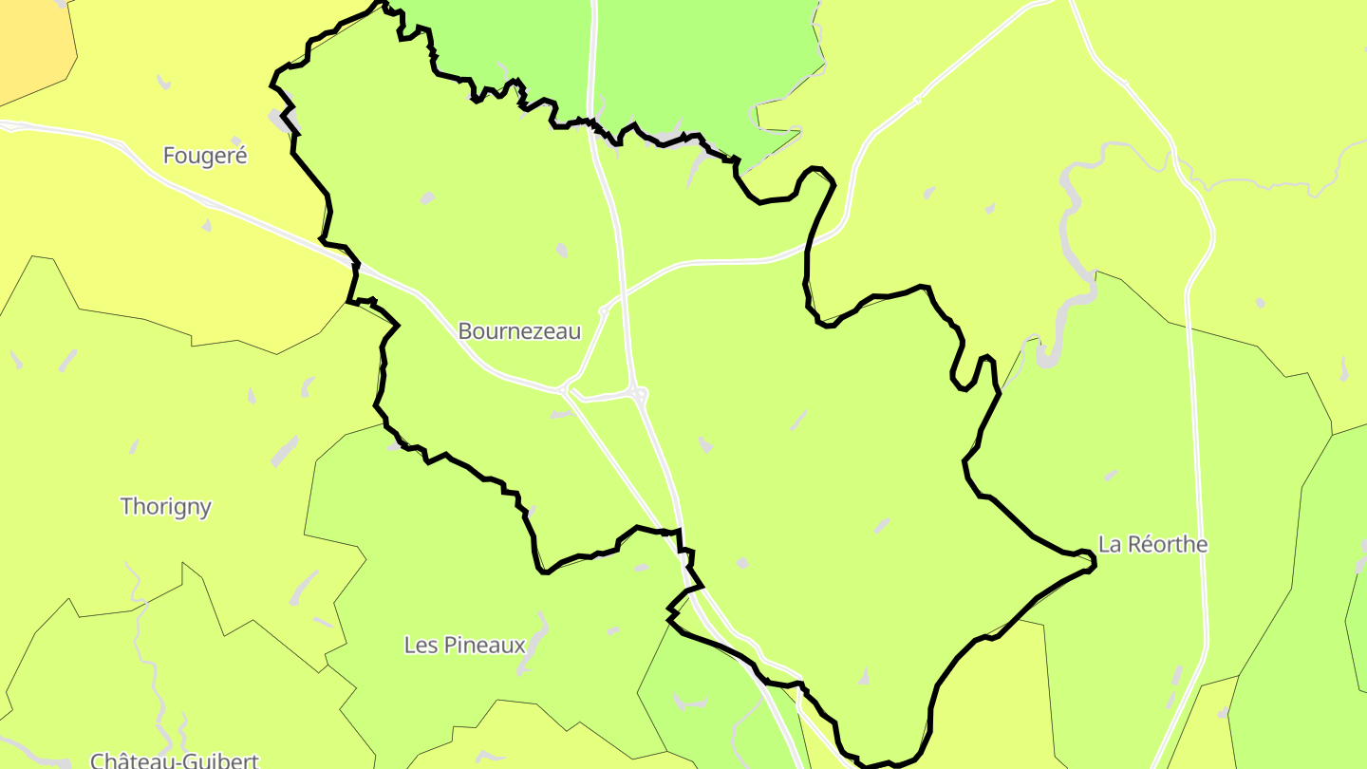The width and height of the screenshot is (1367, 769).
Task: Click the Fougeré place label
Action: [x=205, y=156]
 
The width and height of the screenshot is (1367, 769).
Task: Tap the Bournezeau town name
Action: [x=519, y=331]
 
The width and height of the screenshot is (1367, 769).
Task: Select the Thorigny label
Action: [x=166, y=507]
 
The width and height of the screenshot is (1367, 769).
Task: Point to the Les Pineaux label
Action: [x=464, y=646]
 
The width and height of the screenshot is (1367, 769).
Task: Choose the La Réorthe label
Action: [x=1153, y=545]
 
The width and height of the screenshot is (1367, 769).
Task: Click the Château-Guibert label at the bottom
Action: [x=175, y=760]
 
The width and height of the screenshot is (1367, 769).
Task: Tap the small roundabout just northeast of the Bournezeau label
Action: [x=604, y=309]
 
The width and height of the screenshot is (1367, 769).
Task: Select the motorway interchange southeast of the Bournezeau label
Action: [x=638, y=392]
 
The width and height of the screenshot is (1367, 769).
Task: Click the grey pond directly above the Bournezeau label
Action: [x=562, y=251]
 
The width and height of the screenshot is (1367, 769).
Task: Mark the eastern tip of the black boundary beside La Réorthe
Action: [x=1093, y=564]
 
